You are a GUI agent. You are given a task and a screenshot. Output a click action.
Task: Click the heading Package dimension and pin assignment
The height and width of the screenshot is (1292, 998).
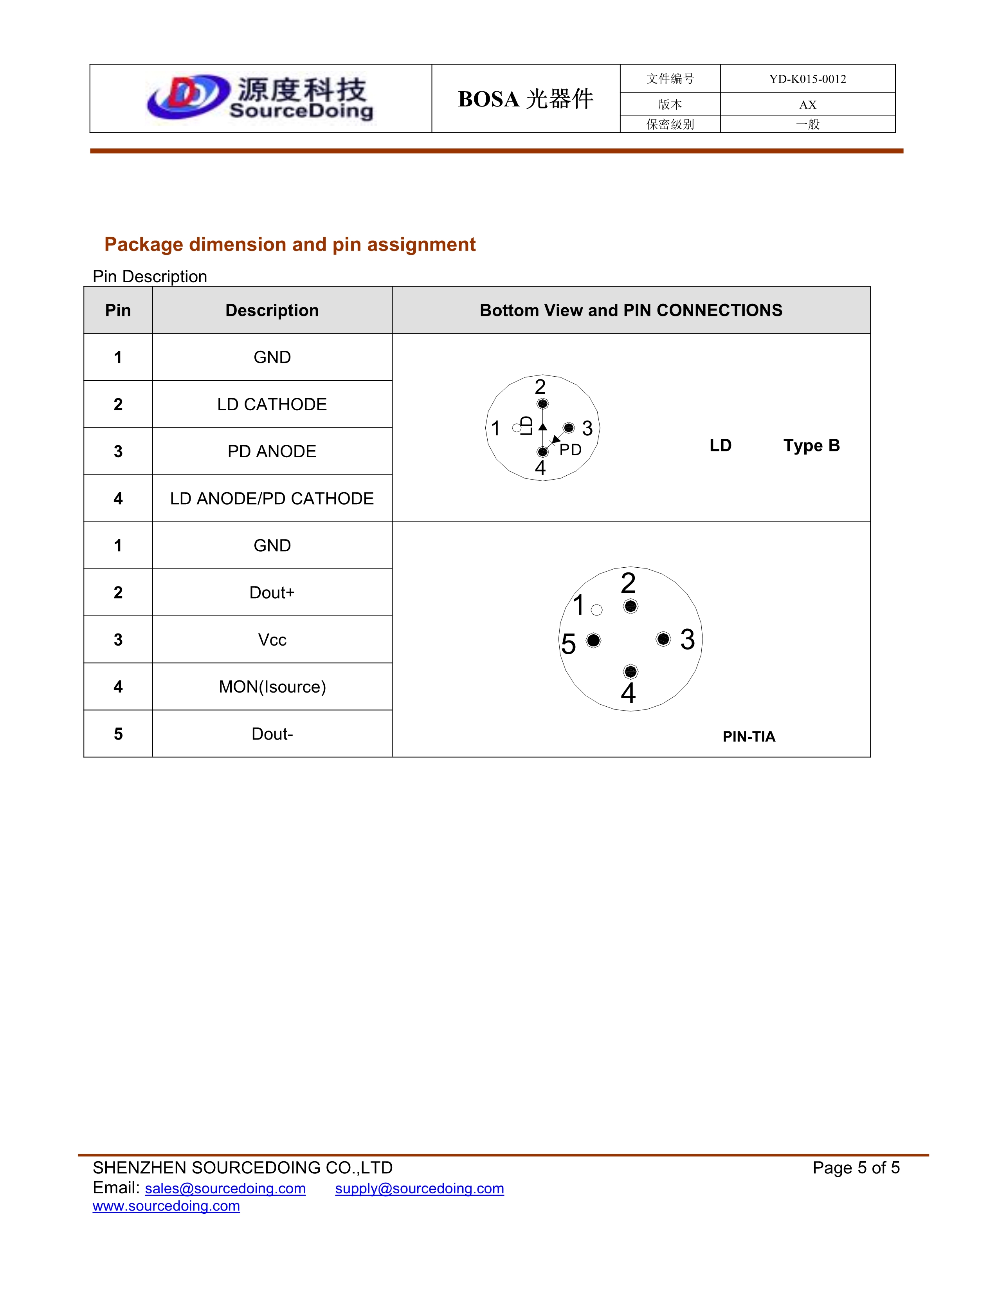point(290,244)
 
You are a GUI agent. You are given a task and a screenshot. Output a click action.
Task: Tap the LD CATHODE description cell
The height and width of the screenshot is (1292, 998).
point(272,404)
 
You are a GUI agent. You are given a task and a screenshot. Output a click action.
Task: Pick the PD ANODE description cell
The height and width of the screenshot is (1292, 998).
point(272,451)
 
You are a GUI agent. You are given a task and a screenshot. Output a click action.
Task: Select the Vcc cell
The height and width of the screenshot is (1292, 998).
point(272,639)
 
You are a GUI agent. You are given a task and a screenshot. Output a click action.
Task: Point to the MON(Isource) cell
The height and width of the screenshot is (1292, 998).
point(272,687)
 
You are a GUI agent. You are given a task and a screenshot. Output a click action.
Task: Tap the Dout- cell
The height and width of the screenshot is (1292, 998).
point(272,734)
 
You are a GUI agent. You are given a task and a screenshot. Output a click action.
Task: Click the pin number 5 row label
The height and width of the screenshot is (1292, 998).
point(118,734)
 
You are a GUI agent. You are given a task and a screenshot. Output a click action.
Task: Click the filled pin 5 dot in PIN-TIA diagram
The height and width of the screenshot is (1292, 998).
point(594,640)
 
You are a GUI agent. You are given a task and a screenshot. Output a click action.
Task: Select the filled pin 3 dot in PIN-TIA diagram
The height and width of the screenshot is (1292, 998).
point(663,639)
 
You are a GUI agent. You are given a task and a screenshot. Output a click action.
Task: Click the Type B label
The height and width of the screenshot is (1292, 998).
point(811,446)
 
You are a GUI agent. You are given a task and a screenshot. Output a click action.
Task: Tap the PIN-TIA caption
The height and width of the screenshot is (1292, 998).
point(748,736)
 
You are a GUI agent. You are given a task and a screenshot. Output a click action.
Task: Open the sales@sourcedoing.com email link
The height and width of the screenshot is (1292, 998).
point(225,1189)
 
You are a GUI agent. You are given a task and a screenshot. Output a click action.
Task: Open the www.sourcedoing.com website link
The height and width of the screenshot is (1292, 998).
point(166,1205)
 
